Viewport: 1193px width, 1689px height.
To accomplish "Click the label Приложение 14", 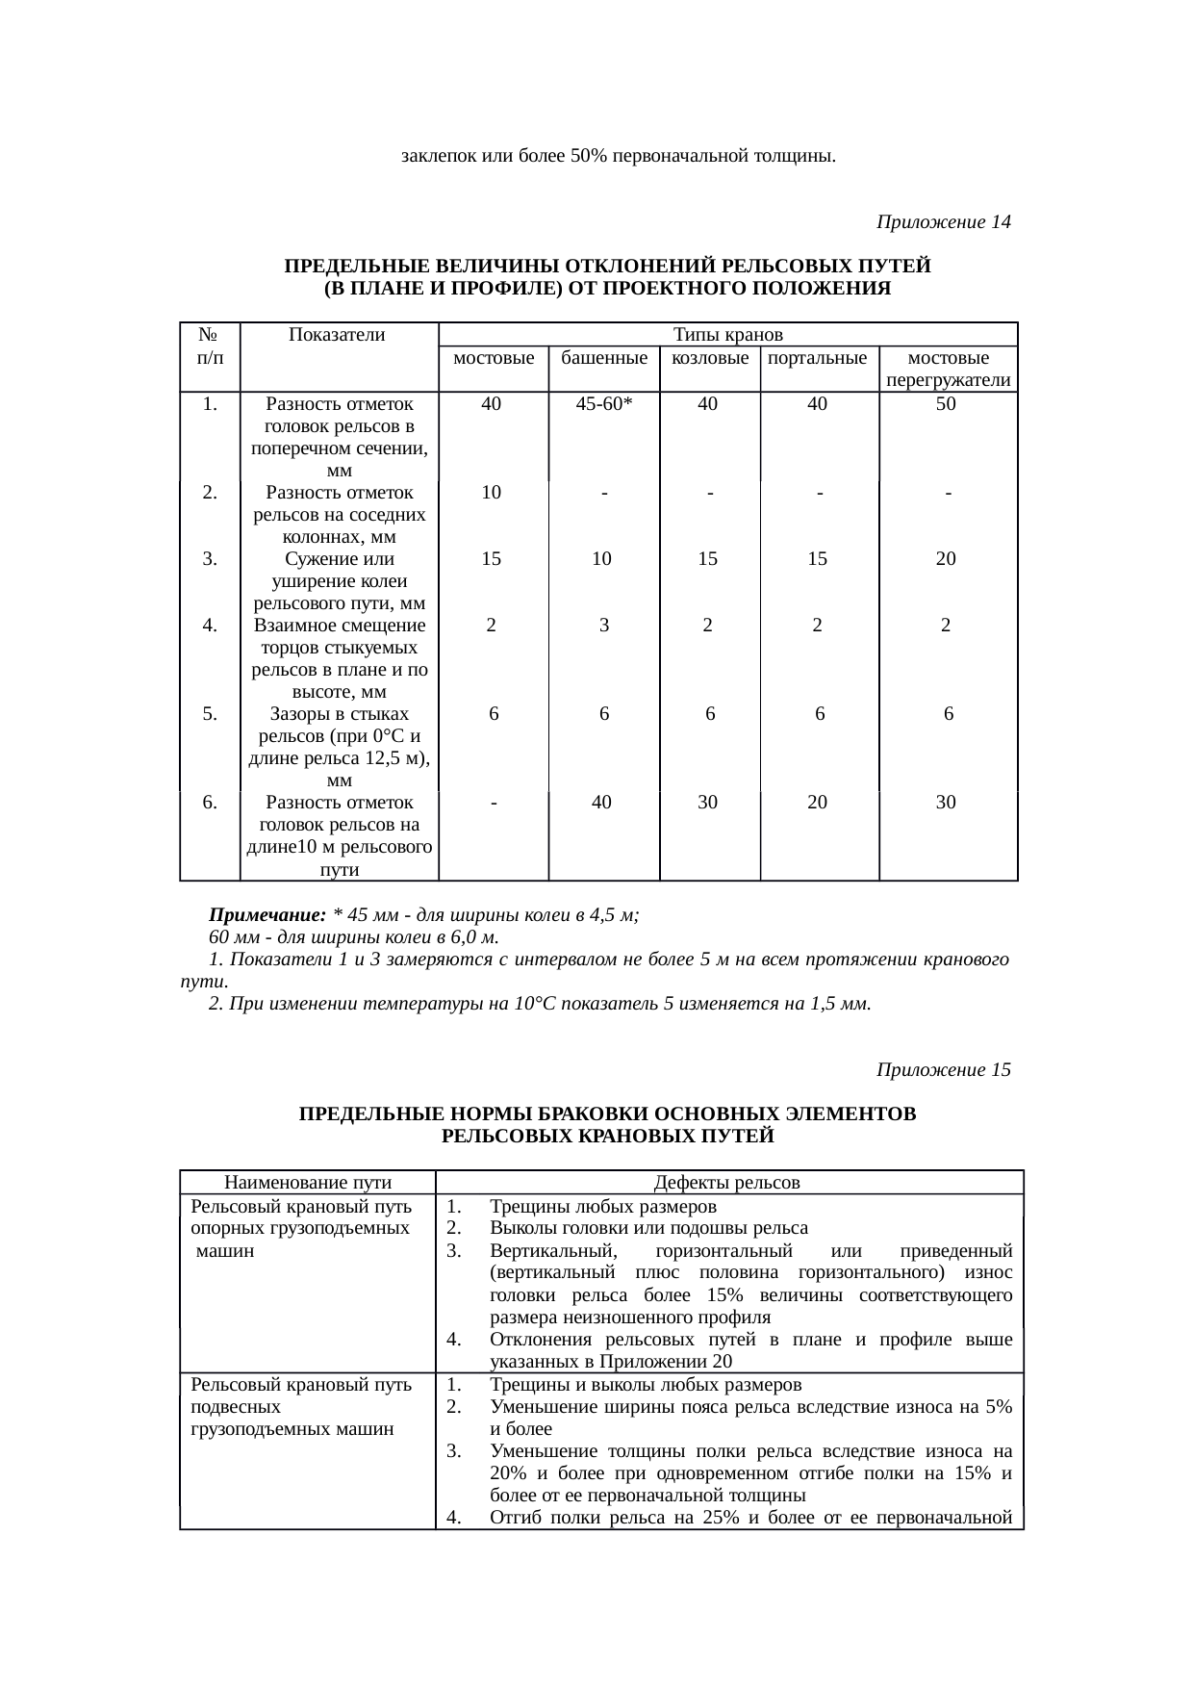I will coord(943,222).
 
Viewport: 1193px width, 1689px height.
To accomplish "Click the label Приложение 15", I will coord(943,1070).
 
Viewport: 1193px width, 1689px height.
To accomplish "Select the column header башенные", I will coord(603,358).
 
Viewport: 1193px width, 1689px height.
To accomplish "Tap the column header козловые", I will coord(710,358).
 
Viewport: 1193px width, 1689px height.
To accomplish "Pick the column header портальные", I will coord(819,358).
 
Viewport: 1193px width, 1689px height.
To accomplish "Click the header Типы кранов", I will coord(727,335).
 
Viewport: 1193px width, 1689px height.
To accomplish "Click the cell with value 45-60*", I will coord(603,404).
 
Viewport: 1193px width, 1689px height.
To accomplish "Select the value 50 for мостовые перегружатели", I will coord(947,404).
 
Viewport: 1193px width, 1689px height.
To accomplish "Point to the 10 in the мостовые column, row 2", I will coord(492,493).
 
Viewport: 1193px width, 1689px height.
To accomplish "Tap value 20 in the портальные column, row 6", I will coord(817,802).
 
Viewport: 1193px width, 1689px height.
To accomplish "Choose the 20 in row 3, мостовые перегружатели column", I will coord(947,559).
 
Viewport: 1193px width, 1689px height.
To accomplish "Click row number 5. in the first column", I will coord(210,714).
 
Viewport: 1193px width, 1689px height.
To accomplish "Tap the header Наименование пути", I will coord(308,1183).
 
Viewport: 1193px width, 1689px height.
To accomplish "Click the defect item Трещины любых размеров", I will coord(602,1207).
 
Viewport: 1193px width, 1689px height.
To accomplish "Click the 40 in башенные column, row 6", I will coord(601,802).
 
